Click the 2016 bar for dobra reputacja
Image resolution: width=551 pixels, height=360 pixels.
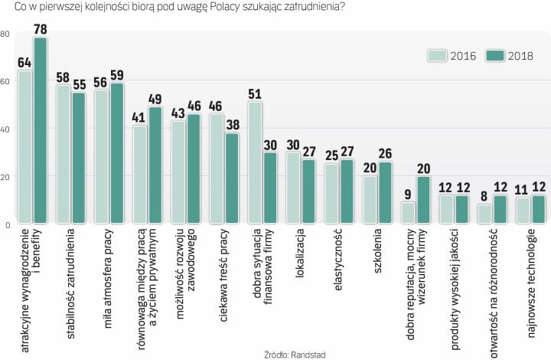408,213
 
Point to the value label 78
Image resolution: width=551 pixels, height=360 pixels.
41,29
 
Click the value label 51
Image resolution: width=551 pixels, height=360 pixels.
256,94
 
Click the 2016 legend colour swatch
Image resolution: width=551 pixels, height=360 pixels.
437,54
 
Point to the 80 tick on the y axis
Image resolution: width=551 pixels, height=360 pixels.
5,34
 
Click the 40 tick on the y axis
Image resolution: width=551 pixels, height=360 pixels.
5,129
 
